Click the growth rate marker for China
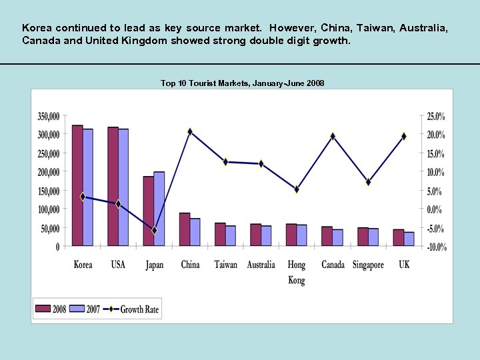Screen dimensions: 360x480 click(x=190, y=132)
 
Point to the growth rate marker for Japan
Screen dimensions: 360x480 click(x=154, y=231)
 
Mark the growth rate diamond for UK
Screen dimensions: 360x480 click(x=404, y=136)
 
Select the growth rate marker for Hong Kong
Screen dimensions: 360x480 click(x=297, y=189)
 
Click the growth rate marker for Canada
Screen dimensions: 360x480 click(x=333, y=136)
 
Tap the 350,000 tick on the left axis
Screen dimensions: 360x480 click(x=48, y=116)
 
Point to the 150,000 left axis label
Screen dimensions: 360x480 click(x=48, y=191)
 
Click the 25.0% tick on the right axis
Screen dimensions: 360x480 click(x=436, y=116)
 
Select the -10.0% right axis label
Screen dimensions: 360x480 click(x=436, y=247)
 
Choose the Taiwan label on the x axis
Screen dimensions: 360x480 click(x=225, y=265)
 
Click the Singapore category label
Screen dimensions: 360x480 click(x=368, y=265)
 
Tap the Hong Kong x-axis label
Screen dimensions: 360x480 click(x=297, y=272)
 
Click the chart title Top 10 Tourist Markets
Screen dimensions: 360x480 click(x=242, y=83)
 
